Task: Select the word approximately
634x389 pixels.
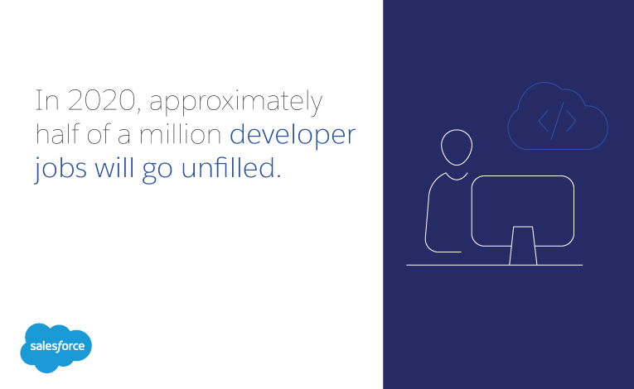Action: [x=236, y=102]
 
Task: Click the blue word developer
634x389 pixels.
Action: [x=293, y=135]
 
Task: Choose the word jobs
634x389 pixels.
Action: [x=60, y=169]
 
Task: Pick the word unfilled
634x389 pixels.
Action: [x=231, y=167]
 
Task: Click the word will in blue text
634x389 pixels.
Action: [x=114, y=167]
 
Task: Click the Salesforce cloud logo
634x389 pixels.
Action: [x=56, y=348]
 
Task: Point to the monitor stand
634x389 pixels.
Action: [x=523, y=246]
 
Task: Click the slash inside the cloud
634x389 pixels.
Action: [x=558, y=120]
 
